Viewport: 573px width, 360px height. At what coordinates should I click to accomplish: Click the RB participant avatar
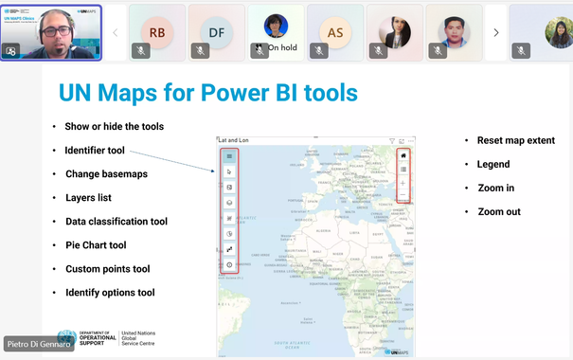157,32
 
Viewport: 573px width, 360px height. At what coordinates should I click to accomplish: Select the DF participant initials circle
217,32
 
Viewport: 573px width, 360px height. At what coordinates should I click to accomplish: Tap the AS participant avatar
335,32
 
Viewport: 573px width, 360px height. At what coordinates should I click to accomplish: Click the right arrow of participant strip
496,32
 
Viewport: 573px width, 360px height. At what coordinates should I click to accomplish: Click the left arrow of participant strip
116,32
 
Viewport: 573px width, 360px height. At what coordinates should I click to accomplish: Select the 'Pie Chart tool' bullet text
96,245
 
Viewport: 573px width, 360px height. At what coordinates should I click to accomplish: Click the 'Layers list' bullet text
88,198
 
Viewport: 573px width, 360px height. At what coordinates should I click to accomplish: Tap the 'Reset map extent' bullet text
516,140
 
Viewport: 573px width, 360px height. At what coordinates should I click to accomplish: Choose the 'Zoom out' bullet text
499,211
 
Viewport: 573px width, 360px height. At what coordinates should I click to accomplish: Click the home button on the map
403,154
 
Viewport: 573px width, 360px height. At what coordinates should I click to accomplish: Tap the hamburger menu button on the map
229,156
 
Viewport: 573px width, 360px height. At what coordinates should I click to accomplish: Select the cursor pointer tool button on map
229,171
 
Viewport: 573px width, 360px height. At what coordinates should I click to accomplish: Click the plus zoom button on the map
403,183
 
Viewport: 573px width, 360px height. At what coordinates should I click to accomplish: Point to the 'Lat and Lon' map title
233,139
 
